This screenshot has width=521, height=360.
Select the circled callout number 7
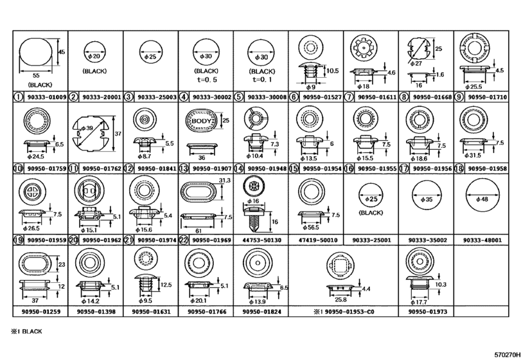[x=349, y=97]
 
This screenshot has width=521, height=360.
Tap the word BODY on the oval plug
[x=201, y=121]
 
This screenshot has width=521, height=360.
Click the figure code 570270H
[x=507, y=355]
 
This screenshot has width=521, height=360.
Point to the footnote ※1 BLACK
[x=26, y=332]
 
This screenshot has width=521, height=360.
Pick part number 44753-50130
[x=262, y=240]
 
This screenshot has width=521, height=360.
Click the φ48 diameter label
[x=482, y=199]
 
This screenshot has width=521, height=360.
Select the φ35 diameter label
[x=427, y=200]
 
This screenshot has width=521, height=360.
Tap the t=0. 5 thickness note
[x=207, y=80]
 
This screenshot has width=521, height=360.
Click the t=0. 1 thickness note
[x=262, y=80]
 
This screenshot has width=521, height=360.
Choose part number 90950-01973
[x=428, y=312]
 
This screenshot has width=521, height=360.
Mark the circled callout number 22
[x=184, y=240]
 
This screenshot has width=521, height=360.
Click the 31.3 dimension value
[x=225, y=180]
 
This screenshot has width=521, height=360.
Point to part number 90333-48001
[x=482, y=240]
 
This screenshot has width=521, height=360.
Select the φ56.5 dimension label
[x=311, y=228]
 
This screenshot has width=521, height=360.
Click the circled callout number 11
[x=73, y=168]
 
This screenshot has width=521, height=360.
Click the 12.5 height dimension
[x=166, y=285]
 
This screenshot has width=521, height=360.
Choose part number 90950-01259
[x=41, y=312]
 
